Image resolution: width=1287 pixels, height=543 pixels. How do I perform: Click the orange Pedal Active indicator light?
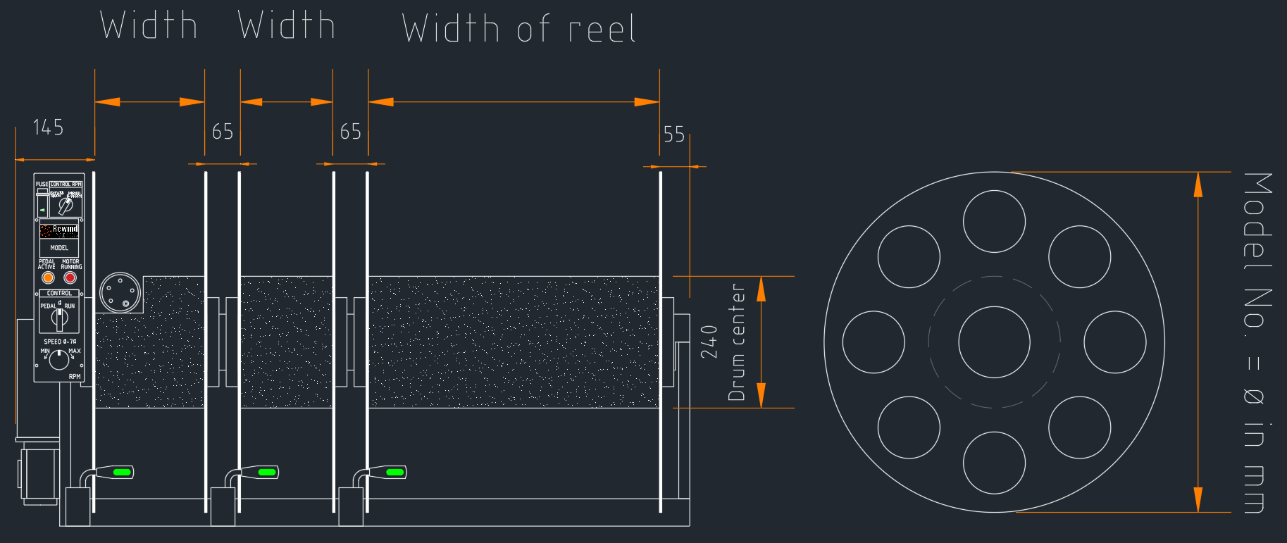48,277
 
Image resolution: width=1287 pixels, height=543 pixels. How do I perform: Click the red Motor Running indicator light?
70,277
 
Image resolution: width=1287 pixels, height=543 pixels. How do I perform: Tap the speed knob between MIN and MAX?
59,359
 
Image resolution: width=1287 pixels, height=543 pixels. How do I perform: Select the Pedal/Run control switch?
59,318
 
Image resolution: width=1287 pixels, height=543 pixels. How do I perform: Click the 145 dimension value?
48,127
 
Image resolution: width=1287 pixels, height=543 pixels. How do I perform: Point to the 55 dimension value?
673,135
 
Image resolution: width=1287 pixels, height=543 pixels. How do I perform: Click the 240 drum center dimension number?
709,342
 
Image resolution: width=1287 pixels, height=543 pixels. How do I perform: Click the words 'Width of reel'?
518,30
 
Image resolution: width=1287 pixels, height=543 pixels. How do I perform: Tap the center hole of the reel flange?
994,342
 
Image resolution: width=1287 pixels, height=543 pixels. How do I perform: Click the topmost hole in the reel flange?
994,221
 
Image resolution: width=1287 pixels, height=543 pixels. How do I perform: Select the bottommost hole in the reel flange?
994,463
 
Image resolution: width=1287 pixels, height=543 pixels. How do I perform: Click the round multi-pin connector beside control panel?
120,292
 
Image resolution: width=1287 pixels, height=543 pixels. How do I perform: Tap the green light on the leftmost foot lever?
122,472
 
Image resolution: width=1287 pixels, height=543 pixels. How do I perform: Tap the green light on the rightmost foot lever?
395,472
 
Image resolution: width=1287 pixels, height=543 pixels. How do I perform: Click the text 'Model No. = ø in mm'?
1257,342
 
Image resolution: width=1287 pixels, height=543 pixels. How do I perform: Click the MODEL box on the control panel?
59,248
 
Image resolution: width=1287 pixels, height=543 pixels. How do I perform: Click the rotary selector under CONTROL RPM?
65,206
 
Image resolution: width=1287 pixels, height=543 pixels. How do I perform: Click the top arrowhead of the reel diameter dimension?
1198,185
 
